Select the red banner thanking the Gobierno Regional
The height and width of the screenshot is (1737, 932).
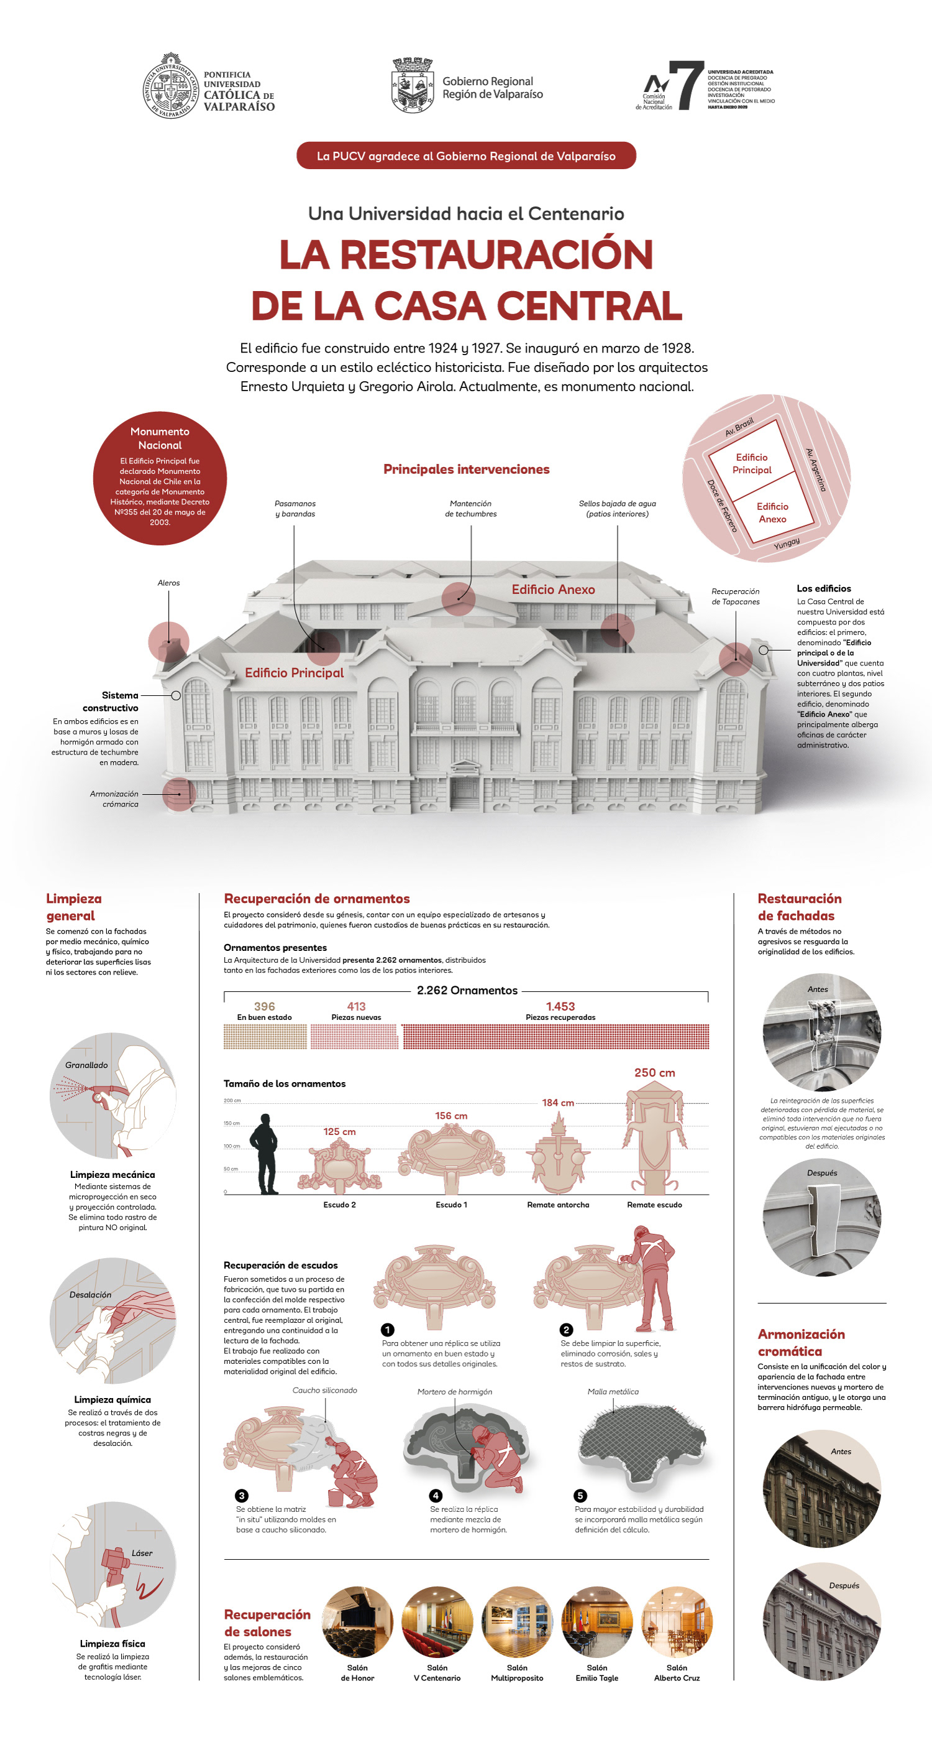coord(465,155)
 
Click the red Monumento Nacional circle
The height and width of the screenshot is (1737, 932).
coord(160,478)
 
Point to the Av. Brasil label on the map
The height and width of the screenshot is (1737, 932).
coord(739,426)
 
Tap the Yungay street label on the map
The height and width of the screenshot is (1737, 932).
coord(787,543)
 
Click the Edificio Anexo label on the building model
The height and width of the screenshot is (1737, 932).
coord(552,590)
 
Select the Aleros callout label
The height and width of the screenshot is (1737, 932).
coord(168,583)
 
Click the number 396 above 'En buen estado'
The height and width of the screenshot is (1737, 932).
coord(264,1006)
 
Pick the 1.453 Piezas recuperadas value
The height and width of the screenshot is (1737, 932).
coord(560,1006)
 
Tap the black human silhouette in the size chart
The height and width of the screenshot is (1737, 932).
coord(264,1154)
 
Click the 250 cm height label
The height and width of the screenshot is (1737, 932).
coord(654,1072)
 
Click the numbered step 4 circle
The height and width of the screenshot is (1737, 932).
coord(436,1496)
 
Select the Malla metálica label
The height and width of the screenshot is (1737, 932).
coord(613,1392)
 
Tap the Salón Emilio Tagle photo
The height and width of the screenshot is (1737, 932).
coord(596,1622)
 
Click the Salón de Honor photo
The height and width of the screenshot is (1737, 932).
coord(357,1622)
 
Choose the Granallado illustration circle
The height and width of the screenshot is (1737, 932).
coord(112,1096)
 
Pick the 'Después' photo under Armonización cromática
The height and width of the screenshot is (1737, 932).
coord(821,1622)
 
